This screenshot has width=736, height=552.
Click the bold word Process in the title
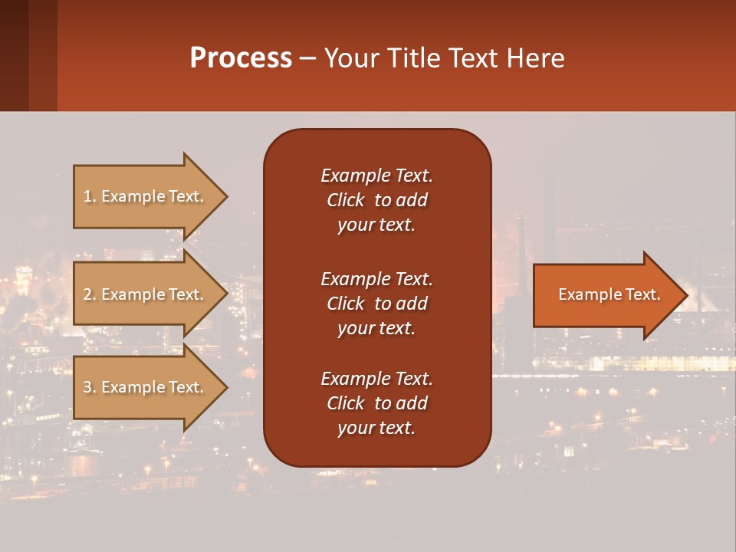click(x=241, y=58)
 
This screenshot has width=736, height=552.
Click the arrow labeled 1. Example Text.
click(x=146, y=196)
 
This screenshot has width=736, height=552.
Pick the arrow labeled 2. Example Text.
click(x=146, y=294)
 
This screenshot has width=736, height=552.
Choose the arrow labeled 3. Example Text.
click(x=146, y=387)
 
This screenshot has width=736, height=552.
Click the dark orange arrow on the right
click(x=606, y=295)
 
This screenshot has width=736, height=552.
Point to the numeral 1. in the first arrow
click(x=90, y=196)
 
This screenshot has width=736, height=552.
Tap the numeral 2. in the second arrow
click(x=90, y=294)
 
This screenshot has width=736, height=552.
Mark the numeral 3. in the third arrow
click(x=90, y=387)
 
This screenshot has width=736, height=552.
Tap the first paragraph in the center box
click(x=376, y=200)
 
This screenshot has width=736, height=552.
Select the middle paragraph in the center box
click(x=376, y=304)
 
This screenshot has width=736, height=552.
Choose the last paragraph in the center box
click(x=376, y=403)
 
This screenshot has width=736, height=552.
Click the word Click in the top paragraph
click(x=345, y=200)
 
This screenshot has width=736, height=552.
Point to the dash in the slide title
click(x=307, y=58)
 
